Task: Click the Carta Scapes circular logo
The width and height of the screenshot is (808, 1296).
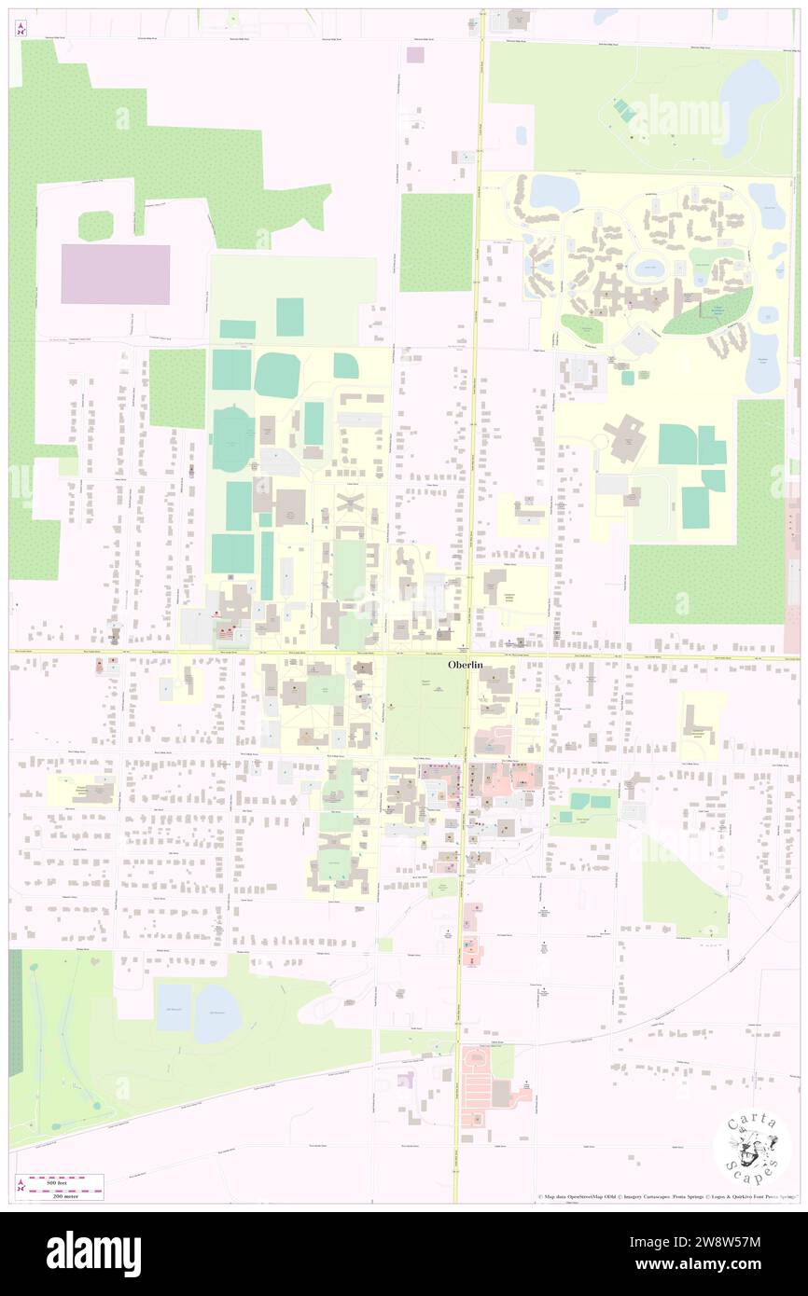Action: point(752,1147)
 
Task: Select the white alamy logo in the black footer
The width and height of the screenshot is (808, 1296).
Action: point(93,1254)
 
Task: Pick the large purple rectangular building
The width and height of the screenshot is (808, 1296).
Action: point(116,274)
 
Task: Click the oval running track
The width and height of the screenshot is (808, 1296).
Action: point(232,439)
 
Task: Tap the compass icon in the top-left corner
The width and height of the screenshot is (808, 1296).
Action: point(21,28)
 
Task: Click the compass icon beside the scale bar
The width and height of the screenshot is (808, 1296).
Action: point(21,1186)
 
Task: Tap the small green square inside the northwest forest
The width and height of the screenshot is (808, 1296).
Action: point(95,225)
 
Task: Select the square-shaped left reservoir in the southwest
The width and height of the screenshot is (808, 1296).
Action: point(174,1007)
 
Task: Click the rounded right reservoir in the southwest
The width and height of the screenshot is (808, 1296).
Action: point(217,1013)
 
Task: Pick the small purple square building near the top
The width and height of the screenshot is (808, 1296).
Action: point(415,54)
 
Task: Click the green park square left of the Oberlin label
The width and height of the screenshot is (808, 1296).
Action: point(425,706)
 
